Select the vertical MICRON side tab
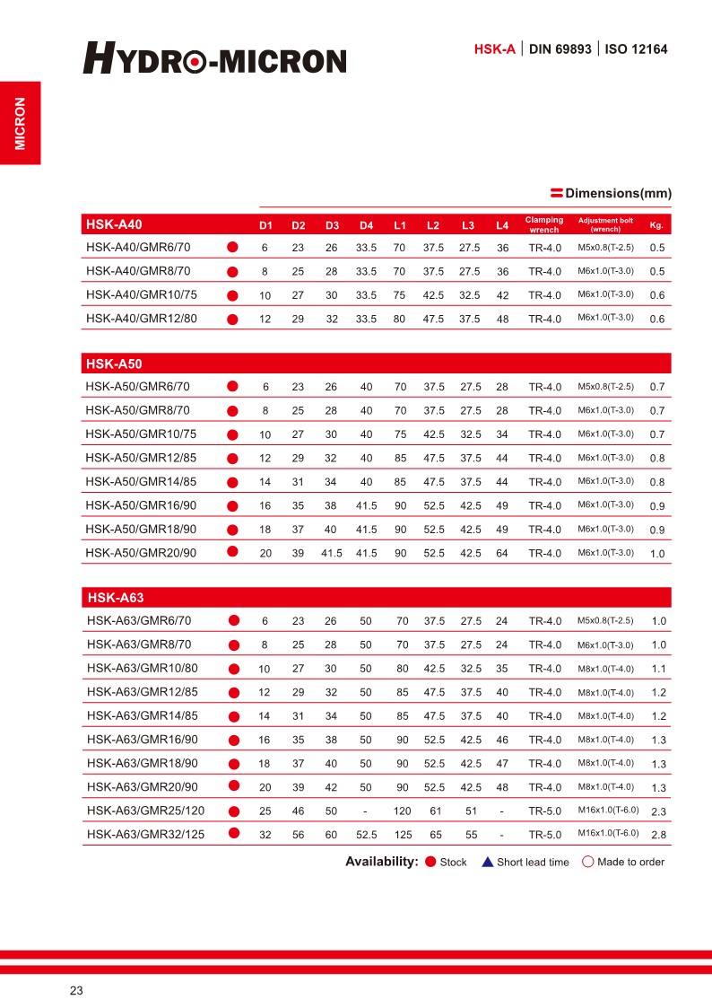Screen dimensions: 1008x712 [21, 123]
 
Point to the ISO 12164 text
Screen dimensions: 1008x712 [637, 49]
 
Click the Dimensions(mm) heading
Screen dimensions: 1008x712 [618, 193]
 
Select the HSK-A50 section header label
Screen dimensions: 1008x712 [114, 364]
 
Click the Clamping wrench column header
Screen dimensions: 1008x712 [544, 224]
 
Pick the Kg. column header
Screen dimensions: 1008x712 [656, 224]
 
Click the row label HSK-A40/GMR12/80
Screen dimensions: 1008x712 [142, 318]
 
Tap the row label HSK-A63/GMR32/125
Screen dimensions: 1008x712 [145, 834]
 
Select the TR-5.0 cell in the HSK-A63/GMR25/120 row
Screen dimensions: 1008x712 [544, 811]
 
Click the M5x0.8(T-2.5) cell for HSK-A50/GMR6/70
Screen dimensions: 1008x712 [605, 387]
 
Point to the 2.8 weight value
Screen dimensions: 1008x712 [658, 836]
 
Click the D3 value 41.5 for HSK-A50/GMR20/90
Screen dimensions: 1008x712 [332, 553]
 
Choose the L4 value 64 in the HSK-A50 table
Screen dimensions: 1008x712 [502, 553]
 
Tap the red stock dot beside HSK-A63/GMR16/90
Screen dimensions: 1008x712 [233, 740]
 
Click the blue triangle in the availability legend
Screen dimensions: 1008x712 [487, 862]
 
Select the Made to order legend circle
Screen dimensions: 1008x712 [588, 862]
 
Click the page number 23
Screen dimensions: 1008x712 [76, 991]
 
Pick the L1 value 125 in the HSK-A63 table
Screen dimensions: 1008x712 [403, 835]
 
